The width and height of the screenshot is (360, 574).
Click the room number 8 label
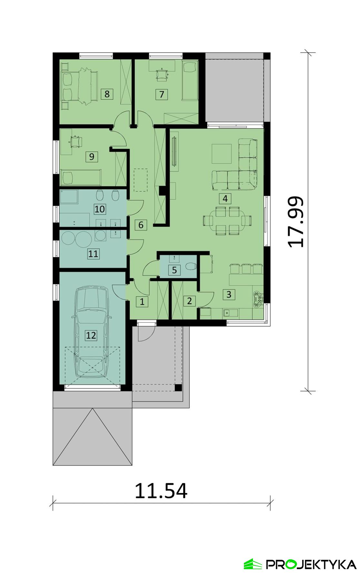107,94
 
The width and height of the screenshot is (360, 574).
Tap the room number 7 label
162,94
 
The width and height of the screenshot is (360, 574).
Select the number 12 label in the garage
91,335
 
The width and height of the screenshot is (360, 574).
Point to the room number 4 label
225,198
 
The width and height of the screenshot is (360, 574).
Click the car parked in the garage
92,332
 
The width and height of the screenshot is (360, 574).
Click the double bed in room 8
80,86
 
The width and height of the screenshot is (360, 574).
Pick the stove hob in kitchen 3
257,299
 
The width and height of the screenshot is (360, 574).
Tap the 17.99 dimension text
296,222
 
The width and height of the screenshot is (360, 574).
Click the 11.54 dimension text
161,491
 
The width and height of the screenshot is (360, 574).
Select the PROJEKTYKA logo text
311,564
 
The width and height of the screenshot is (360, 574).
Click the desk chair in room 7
162,74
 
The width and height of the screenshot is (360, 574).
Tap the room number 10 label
99,209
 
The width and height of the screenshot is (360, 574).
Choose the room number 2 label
189,301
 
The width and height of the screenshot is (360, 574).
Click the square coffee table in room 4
222,153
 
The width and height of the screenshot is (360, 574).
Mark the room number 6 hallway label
141,225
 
